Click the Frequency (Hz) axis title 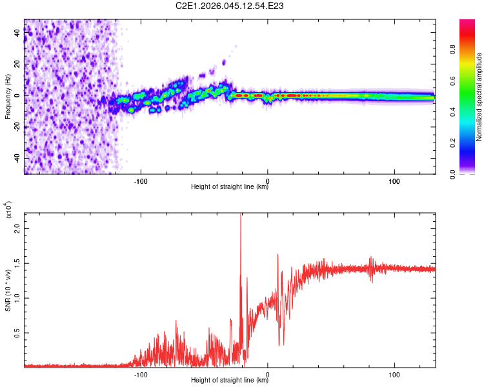point(8,97)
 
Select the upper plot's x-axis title point(230,187)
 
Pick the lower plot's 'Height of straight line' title point(230,380)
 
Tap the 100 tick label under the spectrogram point(394,181)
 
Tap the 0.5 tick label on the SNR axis point(18,332)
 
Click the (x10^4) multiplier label point(8,210)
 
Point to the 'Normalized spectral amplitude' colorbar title point(479,97)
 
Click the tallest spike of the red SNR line point(241,215)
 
